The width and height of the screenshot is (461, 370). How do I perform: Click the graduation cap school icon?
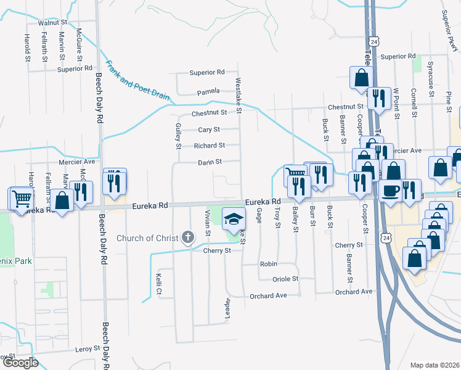[234, 218]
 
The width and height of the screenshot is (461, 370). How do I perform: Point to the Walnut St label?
[52, 22]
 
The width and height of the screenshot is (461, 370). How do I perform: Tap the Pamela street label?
[208, 92]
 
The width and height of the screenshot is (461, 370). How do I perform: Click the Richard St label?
[210, 146]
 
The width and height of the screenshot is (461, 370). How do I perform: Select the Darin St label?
[210, 162]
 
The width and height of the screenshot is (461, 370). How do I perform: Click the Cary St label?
[209, 130]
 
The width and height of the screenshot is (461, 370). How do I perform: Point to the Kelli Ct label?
[159, 283]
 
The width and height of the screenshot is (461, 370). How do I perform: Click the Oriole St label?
[286, 279]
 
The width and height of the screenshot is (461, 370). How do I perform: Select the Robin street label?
[268, 263]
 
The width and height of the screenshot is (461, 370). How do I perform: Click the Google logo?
[20, 363]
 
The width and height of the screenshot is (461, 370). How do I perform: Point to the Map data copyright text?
[434, 365]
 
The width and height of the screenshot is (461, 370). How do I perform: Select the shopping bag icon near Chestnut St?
[360, 77]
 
